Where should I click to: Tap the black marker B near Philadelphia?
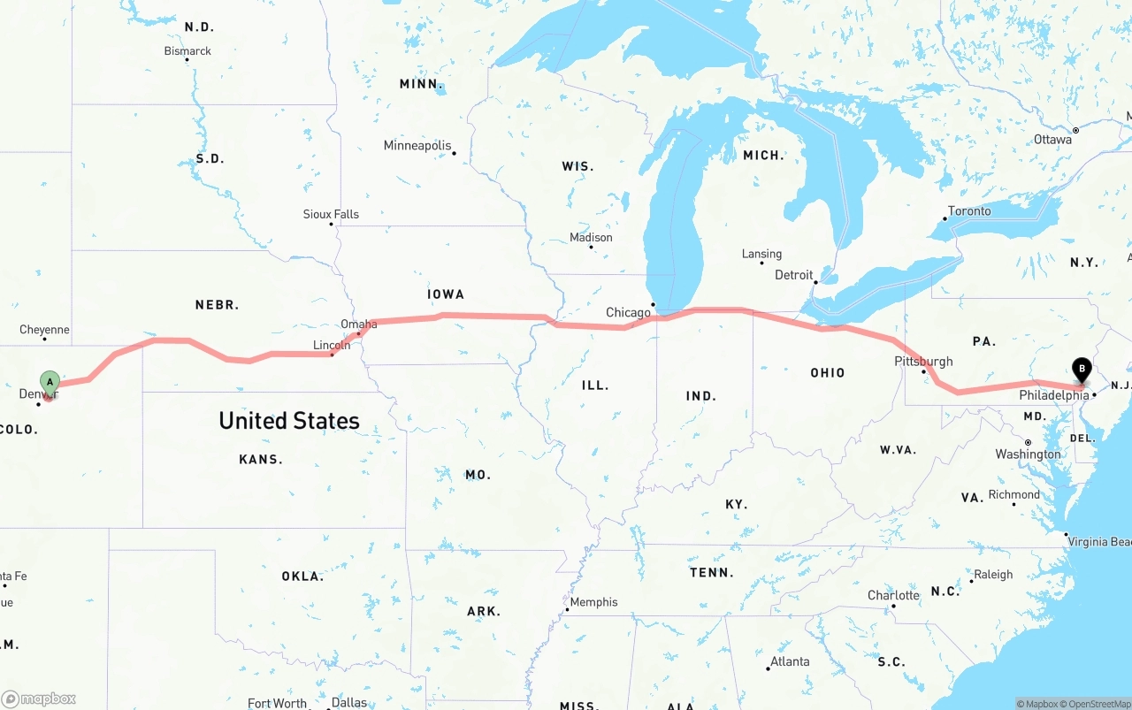[x=1081, y=370]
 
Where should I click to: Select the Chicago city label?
[x=628, y=312]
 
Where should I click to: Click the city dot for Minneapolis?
[x=454, y=153]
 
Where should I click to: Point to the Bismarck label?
[x=187, y=51]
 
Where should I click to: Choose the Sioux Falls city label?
[x=331, y=214]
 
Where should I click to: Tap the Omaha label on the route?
[x=359, y=324]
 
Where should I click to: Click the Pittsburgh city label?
[x=923, y=361]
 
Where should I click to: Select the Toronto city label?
[x=969, y=211]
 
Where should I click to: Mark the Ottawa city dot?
[x=1075, y=131]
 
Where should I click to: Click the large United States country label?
[x=289, y=420]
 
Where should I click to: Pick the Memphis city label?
[x=593, y=602]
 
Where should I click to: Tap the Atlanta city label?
[x=790, y=661]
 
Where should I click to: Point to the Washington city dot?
[x=1028, y=442]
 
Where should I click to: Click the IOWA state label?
[x=446, y=294]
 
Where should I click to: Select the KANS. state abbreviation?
[x=261, y=459]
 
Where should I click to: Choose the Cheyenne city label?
[x=44, y=330]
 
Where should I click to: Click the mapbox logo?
[x=39, y=699]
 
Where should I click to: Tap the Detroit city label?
[x=794, y=275]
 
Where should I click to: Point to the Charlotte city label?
[x=893, y=595]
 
